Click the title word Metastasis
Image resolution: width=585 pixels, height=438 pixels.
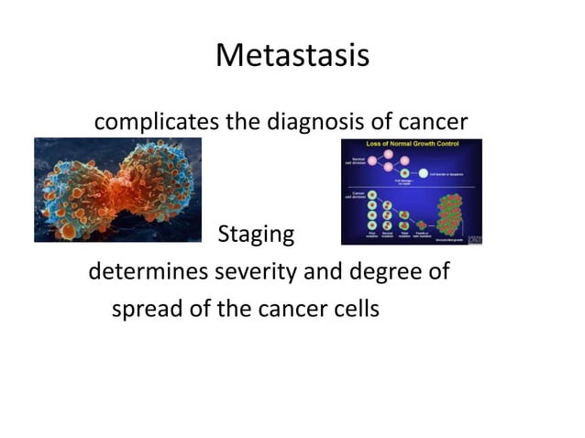coord(292,56)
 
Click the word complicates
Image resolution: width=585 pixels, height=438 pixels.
coord(152,120)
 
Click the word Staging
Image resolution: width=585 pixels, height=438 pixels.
coord(256,235)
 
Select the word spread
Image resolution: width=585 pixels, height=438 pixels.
coord(144,309)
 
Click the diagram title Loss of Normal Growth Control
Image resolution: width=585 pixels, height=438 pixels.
coord(411,145)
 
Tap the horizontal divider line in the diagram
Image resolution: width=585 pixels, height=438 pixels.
coord(411,187)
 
